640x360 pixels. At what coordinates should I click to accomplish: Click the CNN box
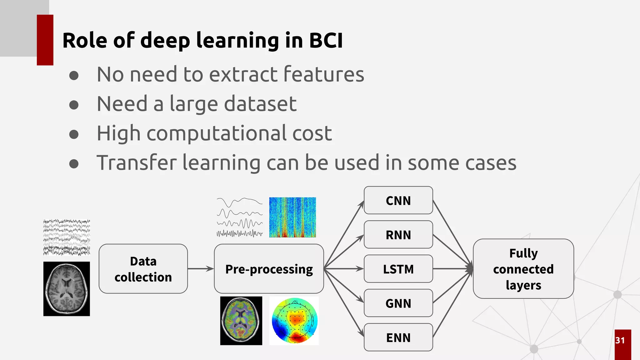(x=398, y=200)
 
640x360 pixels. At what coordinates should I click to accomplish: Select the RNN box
(x=398, y=235)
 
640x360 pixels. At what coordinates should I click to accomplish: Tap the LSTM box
(x=398, y=269)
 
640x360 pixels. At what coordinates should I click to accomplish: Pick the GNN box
(x=398, y=303)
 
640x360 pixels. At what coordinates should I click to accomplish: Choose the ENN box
(x=398, y=337)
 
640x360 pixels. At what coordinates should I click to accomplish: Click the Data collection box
(x=143, y=269)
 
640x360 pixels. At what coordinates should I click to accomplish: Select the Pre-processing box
(x=269, y=269)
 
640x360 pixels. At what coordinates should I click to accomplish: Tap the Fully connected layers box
(x=523, y=269)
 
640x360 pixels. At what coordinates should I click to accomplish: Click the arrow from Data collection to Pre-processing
(x=201, y=269)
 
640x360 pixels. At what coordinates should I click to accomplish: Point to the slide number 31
(x=620, y=340)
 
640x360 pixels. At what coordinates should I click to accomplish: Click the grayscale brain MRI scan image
(x=67, y=289)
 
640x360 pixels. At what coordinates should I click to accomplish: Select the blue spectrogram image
(x=292, y=217)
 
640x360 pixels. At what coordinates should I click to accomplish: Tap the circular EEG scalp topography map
(x=294, y=321)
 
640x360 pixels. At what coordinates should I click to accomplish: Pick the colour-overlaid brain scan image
(x=241, y=321)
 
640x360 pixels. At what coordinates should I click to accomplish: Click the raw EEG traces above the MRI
(x=67, y=237)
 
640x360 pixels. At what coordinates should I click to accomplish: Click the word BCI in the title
(x=326, y=41)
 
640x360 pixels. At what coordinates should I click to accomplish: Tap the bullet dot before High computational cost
(x=74, y=134)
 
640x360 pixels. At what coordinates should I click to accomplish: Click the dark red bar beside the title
(x=45, y=40)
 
